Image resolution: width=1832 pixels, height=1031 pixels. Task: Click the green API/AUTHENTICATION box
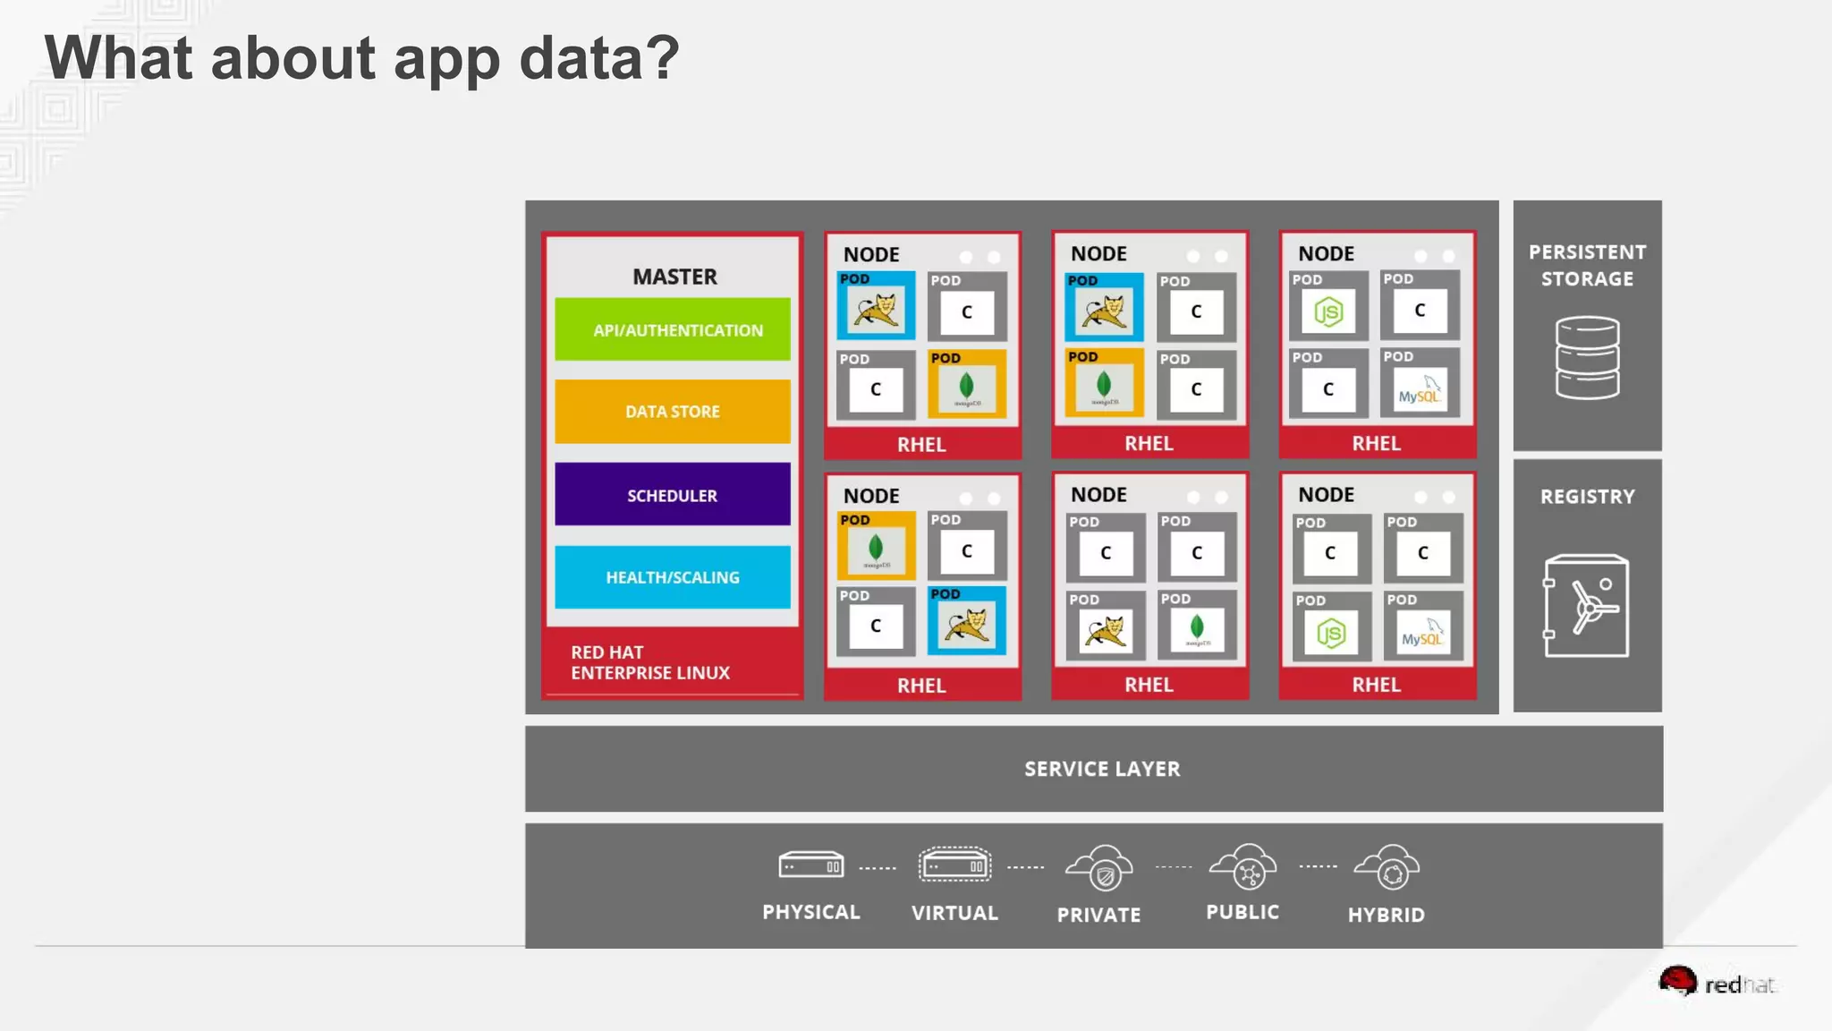673,329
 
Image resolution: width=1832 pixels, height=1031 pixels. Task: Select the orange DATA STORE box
673,412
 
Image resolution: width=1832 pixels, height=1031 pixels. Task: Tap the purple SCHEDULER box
673,495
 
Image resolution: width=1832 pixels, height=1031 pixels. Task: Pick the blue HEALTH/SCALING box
673,577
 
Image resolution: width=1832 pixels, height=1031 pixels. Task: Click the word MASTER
674,277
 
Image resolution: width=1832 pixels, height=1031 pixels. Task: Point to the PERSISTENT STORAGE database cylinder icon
1587,358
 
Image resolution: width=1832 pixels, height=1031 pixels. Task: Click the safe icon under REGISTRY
1586,606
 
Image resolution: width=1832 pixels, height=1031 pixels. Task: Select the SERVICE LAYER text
1102,769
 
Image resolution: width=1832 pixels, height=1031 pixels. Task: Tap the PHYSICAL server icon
810,865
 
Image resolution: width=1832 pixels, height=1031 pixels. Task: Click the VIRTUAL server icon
954,865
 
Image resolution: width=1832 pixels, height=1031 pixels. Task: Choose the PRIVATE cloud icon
1099,868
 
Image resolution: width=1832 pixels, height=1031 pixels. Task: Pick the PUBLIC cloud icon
1243,866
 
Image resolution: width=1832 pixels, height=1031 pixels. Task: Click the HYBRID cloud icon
1387,867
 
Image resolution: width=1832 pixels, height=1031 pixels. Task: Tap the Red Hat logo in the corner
1716,983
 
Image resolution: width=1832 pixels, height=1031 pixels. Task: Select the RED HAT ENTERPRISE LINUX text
650,662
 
